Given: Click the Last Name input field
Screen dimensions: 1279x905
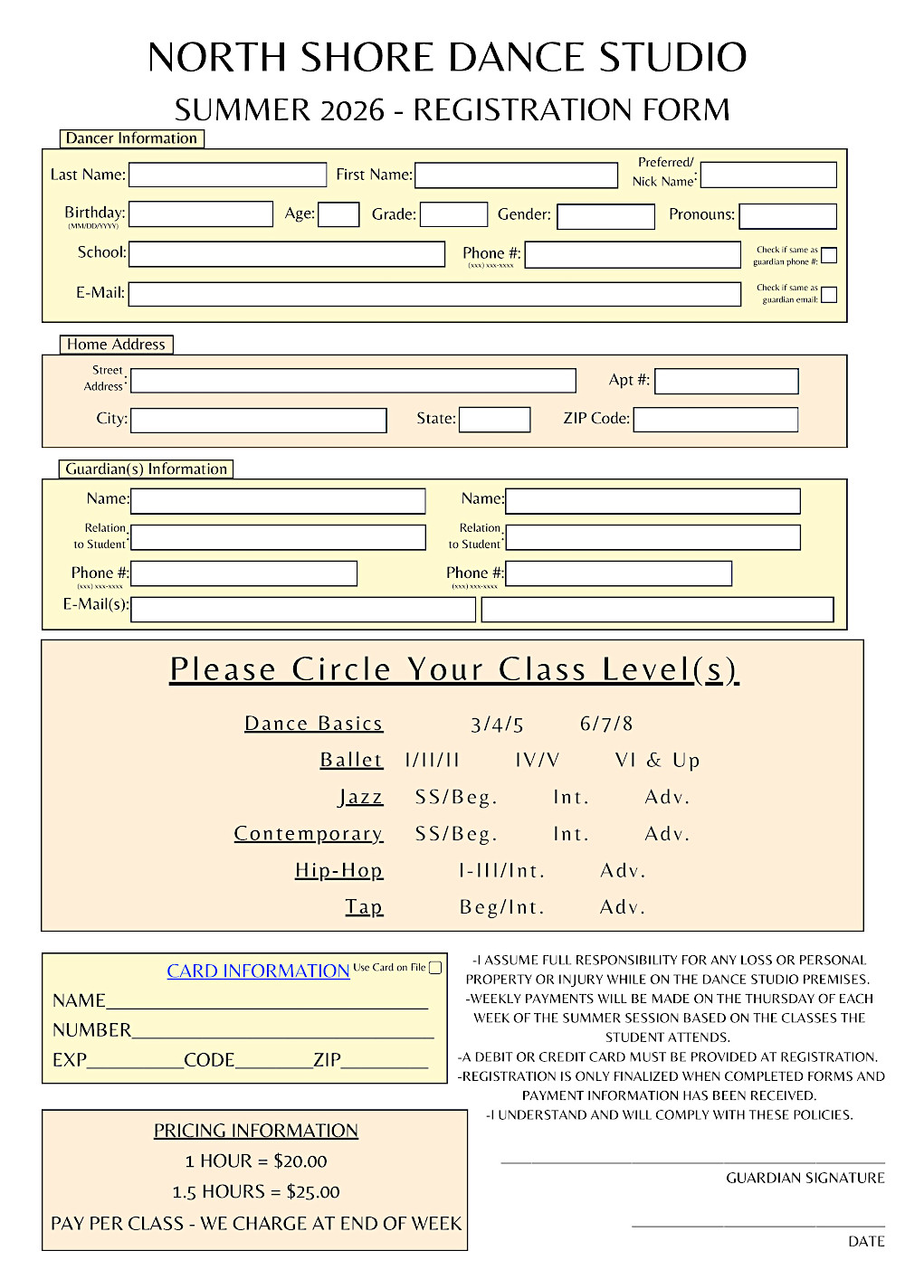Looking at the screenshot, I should [x=228, y=175].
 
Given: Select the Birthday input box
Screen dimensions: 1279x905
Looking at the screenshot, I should [x=201, y=214].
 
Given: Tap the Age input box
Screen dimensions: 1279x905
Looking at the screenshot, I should [x=339, y=214].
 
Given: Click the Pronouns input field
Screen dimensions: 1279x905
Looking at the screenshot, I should [x=788, y=216].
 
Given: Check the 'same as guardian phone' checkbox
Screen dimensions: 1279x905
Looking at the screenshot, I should [x=829, y=255].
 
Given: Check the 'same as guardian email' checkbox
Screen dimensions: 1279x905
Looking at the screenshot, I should [x=829, y=295].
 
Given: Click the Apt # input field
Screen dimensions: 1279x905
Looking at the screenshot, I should [x=727, y=382].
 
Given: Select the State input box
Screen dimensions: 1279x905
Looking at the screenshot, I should [x=495, y=420].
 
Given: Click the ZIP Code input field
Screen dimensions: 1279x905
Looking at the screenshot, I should [x=716, y=420].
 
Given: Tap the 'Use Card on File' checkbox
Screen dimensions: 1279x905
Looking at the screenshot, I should [x=435, y=968].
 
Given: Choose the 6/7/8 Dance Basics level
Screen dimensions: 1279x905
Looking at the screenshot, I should [x=606, y=724].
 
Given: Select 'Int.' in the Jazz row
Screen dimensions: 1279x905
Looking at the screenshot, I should [x=571, y=798].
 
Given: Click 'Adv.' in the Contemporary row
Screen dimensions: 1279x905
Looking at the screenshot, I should [x=667, y=834].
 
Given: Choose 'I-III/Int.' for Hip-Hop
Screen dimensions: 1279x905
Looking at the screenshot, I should [x=501, y=871].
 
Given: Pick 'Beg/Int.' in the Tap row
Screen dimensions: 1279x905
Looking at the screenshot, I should [x=502, y=907].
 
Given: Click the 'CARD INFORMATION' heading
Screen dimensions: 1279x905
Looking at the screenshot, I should [x=258, y=971].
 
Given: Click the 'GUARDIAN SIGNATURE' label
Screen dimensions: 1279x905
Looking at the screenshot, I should [x=805, y=1178].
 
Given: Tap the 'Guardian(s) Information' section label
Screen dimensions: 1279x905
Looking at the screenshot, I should [x=146, y=469].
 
